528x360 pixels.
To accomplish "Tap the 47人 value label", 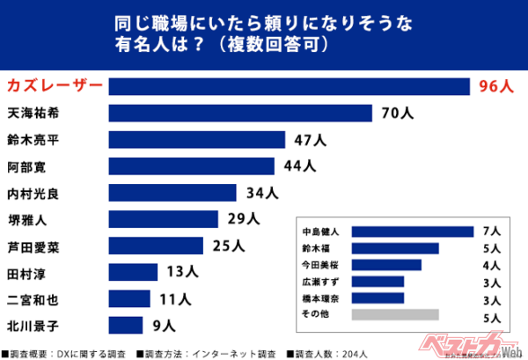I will (x=309, y=139).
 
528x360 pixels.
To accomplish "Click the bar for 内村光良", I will (x=173, y=192).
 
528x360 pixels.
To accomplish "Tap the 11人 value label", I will (x=175, y=298).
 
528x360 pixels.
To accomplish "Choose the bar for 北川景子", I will (x=125, y=325).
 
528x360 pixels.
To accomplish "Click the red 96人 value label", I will (x=495, y=86).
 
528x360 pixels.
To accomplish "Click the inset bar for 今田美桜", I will (x=386, y=265).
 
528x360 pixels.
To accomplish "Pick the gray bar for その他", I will (x=395, y=314).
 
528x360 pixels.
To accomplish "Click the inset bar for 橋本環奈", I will (x=378, y=298).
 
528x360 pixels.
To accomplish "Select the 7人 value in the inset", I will (x=492, y=231).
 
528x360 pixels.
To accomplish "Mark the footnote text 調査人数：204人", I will (x=330, y=353).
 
